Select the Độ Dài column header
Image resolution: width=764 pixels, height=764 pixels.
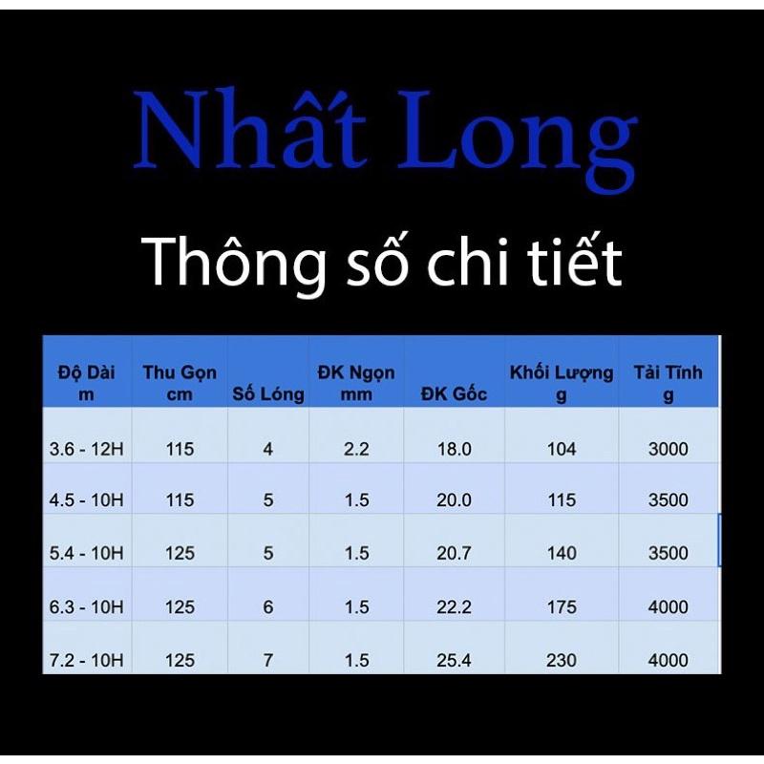pyautogui.click(x=86, y=382)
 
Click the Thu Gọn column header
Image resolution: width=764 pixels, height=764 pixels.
pyautogui.click(x=180, y=382)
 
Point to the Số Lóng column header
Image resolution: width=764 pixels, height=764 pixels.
pyautogui.click(x=268, y=393)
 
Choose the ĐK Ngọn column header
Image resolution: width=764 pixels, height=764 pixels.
pyautogui.click(x=356, y=382)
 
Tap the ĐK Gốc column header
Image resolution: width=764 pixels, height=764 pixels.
pyautogui.click(x=454, y=393)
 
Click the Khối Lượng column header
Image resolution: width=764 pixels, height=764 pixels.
pyautogui.click(x=562, y=382)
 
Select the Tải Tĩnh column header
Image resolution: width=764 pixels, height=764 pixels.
pyautogui.click(x=668, y=382)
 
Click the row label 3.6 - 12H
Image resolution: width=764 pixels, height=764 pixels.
pyautogui.click(x=86, y=449)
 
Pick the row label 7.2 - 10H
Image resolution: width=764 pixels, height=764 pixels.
pyautogui.click(x=86, y=660)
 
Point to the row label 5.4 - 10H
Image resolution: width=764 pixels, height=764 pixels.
pyautogui.click(x=86, y=553)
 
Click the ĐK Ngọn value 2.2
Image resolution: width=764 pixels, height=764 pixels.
pyautogui.click(x=356, y=449)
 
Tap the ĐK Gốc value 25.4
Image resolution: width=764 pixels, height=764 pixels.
pyautogui.click(x=454, y=660)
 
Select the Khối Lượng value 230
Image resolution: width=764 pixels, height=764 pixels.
pyautogui.click(x=562, y=660)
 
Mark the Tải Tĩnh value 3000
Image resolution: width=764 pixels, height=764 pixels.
pyautogui.click(x=668, y=449)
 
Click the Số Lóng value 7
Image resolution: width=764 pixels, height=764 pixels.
pyautogui.click(x=268, y=660)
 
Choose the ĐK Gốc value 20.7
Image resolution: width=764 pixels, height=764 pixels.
pyautogui.click(x=454, y=553)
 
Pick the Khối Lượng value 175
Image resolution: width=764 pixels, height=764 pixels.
pyautogui.click(x=562, y=606)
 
